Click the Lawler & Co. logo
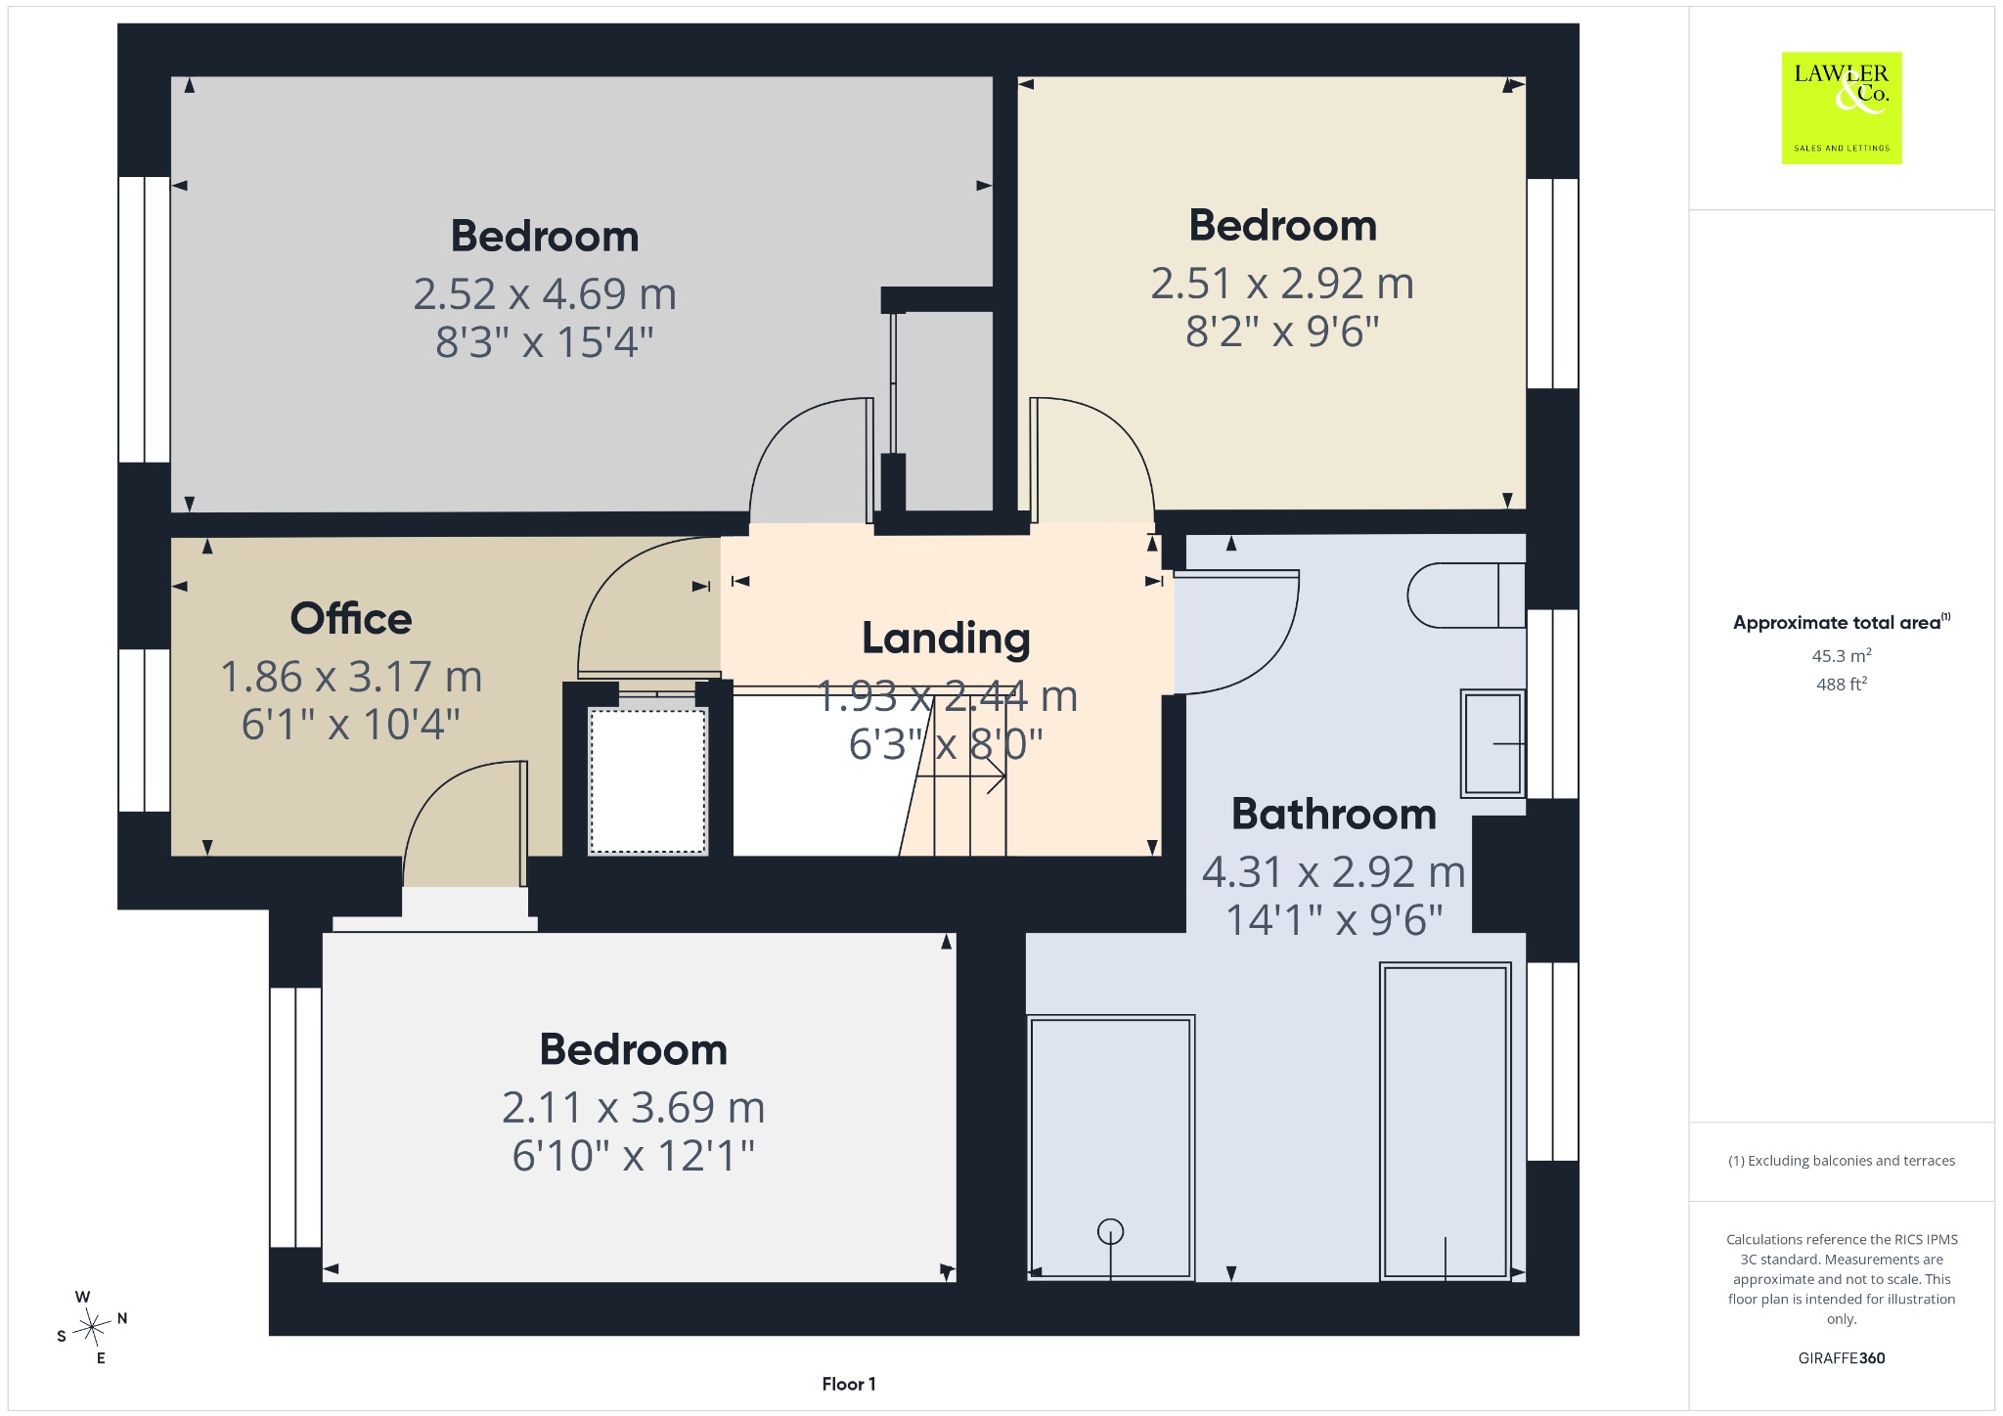coord(1842,108)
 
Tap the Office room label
coord(351,619)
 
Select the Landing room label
coord(946,639)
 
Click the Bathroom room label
coord(1334,815)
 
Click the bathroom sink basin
coord(1492,743)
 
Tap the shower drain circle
coord(1110,1232)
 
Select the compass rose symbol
coord(92,1327)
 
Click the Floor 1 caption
coord(849,1384)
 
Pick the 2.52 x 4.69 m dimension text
coord(545,293)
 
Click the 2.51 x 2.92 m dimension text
coord(1282,284)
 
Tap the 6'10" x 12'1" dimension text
coord(634,1156)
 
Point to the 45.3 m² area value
coord(1842,655)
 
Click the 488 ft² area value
coord(1842,684)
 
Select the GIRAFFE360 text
coord(1842,1358)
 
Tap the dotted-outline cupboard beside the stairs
coord(647,780)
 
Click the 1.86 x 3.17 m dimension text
coord(351,677)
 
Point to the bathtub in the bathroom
coord(1446,1121)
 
